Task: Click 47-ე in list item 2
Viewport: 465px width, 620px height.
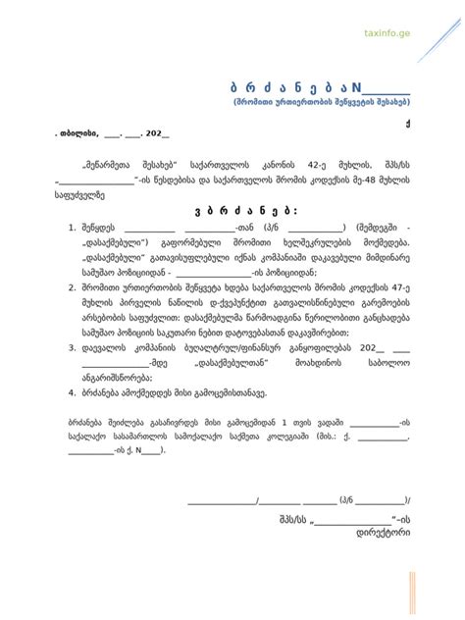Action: point(399,288)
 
